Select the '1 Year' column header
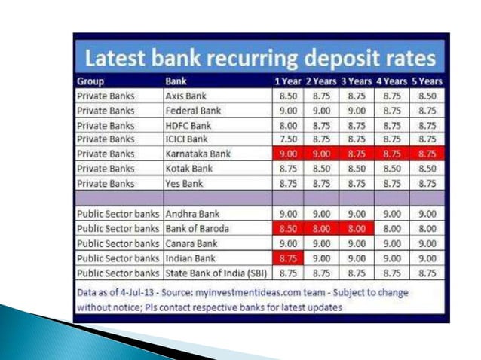tap(286, 81)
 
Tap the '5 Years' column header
tap(427, 81)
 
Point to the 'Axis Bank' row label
tap(186, 96)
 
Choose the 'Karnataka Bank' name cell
tap(197, 154)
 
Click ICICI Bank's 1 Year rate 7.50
tap(287, 139)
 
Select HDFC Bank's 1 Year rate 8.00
tap(287, 125)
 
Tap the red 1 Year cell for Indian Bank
tap(287, 257)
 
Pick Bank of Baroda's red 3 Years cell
tap(357, 227)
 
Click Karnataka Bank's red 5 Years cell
tap(427, 154)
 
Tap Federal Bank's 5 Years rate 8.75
tap(427, 111)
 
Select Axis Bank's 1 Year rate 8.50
tap(287, 96)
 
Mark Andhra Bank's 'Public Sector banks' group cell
tap(118, 213)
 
